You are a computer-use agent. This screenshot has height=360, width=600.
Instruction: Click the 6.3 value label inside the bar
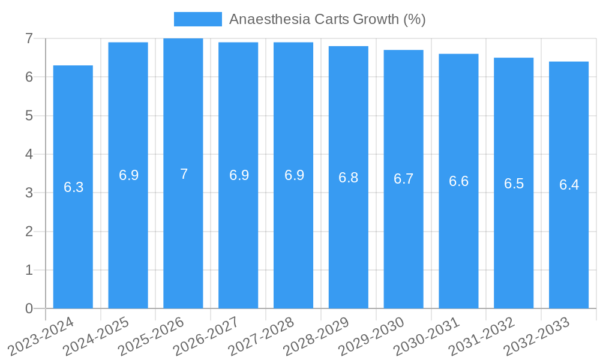[73, 187]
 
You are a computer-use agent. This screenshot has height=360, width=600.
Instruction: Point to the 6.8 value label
[349, 178]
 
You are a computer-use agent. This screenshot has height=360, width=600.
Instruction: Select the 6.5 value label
[514, 184]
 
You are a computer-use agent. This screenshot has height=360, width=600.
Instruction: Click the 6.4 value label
[569, 185]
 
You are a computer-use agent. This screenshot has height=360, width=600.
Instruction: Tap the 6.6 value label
[458, 181]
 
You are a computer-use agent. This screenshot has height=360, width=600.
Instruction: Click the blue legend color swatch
[197, 19]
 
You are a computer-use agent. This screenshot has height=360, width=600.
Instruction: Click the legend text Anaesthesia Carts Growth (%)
[327, 19]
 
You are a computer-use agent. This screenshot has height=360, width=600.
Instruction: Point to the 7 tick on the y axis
[29, 38]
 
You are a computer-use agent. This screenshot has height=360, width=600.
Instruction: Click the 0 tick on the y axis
[29, 308]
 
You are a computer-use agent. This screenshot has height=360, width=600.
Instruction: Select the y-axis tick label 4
[29, 154]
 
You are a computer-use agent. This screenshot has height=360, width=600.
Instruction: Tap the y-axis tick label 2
[29, 232]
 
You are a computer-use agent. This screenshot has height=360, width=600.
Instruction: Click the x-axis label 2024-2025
[96, 336]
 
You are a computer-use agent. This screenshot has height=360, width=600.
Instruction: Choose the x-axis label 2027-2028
[262, 336]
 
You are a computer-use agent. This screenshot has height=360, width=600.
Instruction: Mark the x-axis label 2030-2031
[427, 336]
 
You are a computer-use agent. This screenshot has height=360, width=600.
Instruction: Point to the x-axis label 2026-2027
[206, 336]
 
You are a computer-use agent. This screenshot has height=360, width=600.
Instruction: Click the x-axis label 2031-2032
[482, 336]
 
